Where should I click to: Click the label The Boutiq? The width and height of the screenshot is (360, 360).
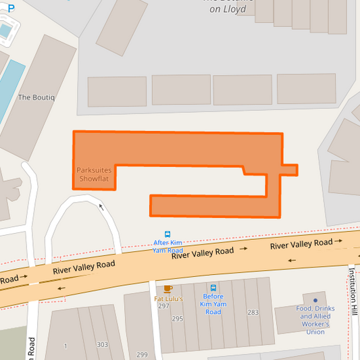36,97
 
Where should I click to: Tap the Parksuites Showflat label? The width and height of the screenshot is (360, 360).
93,175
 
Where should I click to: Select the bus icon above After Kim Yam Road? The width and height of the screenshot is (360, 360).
168,234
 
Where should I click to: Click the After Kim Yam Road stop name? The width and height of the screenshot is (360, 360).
168,247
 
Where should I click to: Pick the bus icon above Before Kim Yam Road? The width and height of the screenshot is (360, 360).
213,288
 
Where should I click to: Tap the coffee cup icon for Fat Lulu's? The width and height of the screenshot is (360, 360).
168,289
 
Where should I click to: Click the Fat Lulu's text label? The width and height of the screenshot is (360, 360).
168,298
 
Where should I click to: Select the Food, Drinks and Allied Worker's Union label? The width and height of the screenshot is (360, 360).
315,320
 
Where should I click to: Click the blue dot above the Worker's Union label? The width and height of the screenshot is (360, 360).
315,301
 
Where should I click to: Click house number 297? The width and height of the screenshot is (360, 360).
163,306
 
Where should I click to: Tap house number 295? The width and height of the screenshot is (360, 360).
178,318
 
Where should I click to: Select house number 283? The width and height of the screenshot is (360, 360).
253,312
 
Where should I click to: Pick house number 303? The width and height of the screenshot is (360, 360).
102,344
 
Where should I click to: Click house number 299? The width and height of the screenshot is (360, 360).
142,355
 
